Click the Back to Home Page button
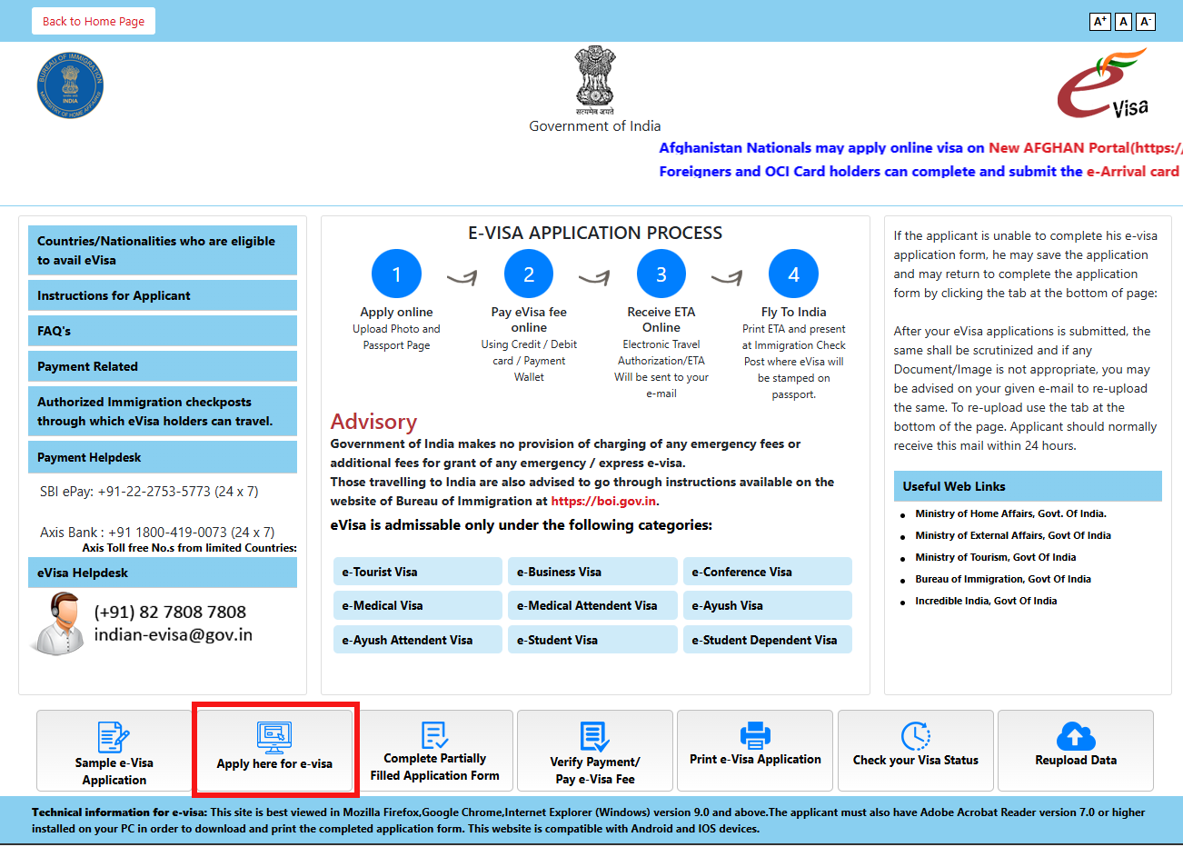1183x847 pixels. tap(94, 21)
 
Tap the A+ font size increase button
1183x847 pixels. tap(1099, 21)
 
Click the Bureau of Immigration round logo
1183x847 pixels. tap(70, 85)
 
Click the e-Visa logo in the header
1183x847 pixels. tap(1102, 85)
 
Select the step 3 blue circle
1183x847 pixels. tap(661, 274)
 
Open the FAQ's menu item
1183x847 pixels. tap(162, 331)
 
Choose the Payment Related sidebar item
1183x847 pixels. tap(162, 366)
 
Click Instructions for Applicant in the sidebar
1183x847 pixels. tap(162, 295)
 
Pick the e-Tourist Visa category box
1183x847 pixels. tap(417, 572)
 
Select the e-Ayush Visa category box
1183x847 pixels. tap(767, 605)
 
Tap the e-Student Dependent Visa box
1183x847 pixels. tap(767, 640)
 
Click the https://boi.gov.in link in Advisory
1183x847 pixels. tap(603, 501)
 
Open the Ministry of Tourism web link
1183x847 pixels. tap(995, 557)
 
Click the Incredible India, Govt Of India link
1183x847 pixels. tap(986, 601)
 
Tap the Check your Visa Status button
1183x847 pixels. tap(915, 750)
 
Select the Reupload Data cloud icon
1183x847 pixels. tap(1076, 736)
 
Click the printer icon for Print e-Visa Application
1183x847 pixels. tap(755, 734)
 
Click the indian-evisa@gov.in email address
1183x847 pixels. tap(174, 634)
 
